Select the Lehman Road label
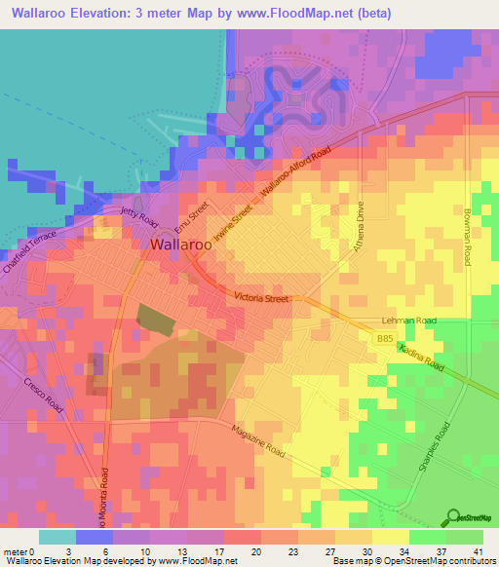pos(410,320)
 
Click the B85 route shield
pos(385,338)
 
